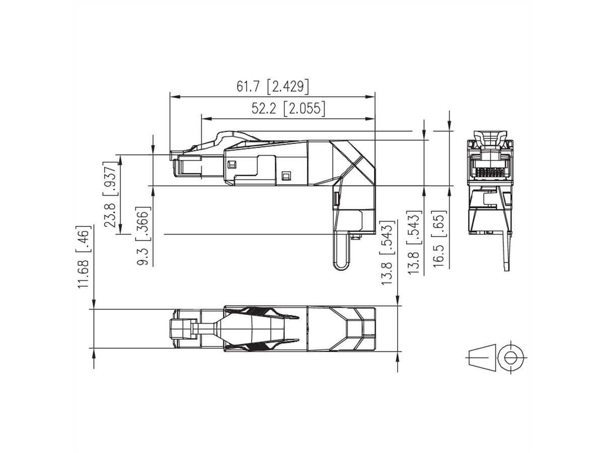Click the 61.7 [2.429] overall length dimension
click(272, 86)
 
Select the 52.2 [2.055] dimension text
click(288, 108)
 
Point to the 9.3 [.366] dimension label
click(143, 236)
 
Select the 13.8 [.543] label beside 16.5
click(414, 243)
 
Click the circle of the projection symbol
click(511, 356)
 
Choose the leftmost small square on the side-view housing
click(232, 164)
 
